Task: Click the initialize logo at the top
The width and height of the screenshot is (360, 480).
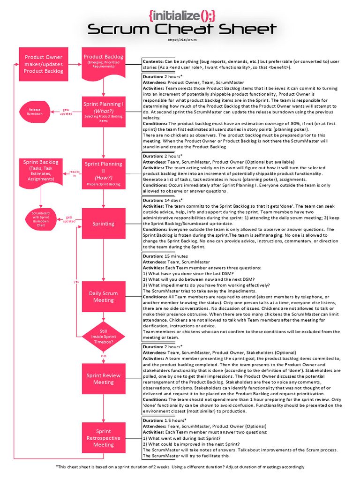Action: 182,15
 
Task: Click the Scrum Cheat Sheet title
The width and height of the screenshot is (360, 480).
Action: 182,30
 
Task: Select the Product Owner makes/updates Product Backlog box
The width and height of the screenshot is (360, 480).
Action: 44,64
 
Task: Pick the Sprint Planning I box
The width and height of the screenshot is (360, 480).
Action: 103,111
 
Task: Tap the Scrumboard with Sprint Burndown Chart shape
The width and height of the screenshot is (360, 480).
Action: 40,218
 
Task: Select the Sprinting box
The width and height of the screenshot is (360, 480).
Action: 103,224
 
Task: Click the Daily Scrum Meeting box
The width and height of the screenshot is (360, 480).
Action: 103,297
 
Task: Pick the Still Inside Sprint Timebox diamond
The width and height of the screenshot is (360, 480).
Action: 103,337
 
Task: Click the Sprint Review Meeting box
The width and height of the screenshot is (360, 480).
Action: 103,379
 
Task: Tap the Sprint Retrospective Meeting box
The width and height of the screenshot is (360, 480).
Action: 103,438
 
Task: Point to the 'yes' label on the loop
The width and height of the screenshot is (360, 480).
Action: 76,281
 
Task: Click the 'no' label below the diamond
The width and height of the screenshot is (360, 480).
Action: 103,356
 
